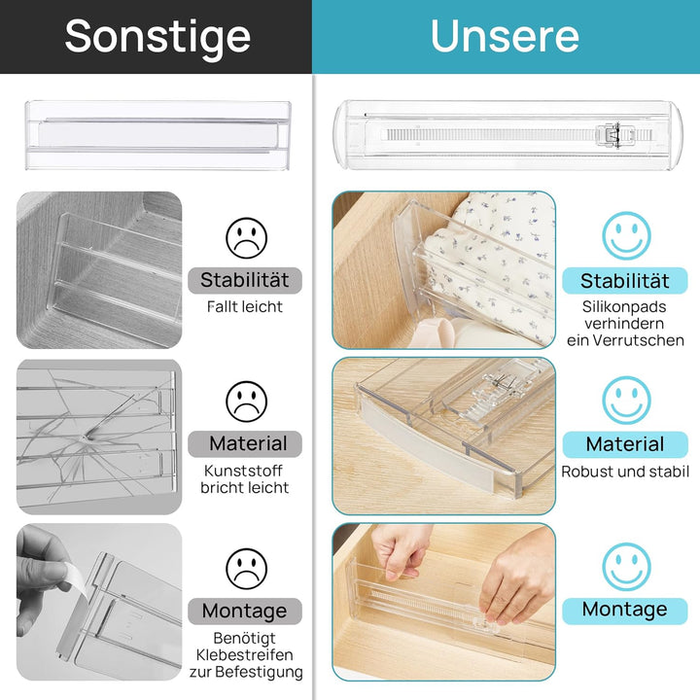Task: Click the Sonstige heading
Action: [x=157, y=36]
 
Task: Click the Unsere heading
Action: [x=505, y=36]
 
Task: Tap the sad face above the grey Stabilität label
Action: [x=246, y=237]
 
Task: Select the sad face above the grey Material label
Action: [x=246, y=401]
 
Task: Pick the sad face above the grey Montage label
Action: [x=246, y=569]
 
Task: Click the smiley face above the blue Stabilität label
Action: [x=626, y=235]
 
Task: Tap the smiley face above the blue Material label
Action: [x=626, y=401]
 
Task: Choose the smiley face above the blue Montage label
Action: [x=626, y=567]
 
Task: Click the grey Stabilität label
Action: [x=245, y=281]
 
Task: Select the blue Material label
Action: [x=625, y=444]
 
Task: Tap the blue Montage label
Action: [x=625, y=610]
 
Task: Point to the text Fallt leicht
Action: [x=245, y=307]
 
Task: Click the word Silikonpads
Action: [x=625, y=306]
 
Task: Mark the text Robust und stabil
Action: [x=625, y=472]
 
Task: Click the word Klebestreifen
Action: [x=245, y=654]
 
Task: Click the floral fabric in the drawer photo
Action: [x=496, y=253]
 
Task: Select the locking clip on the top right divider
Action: [x=610, y=135]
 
